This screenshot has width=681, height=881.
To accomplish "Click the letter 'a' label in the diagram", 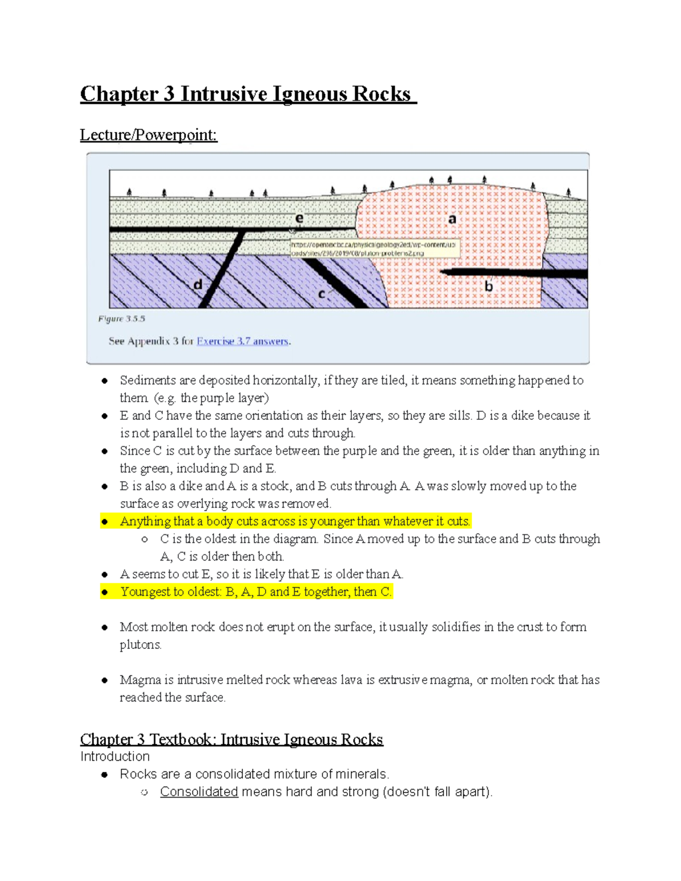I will [452, 219].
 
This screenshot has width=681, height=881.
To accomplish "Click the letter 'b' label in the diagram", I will [489, 286].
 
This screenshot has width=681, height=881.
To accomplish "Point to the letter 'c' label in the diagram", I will [322, 294].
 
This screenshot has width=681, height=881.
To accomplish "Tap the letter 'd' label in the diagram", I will [198, 284].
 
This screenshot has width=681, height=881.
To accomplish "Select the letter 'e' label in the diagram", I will [299, 218].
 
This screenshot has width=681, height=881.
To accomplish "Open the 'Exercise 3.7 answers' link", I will [242, 341].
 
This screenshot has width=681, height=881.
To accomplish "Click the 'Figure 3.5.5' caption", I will [121, 319].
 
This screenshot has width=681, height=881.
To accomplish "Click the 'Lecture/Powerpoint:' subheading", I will [148, 135].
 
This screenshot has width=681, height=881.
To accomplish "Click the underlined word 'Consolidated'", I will [199, 791].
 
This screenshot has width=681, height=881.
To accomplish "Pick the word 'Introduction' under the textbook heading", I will [115, 756].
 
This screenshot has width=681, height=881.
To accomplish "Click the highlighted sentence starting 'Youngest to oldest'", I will [255, 592].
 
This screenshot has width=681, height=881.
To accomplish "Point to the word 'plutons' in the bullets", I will [140, 644].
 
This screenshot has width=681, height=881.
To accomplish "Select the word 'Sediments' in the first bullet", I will [148, 380].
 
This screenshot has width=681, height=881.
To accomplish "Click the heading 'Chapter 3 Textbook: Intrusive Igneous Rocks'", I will [232, 739].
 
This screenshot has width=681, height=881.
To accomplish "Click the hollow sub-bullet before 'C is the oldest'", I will [145, 539].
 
